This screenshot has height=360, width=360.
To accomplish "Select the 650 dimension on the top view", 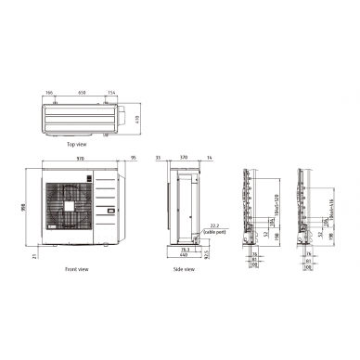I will pyautogui.click(x=82, y=93).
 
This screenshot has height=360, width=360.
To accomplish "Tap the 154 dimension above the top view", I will pyautogui.click(x=111, y=93).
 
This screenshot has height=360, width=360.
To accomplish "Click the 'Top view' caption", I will pyautogui.click(x=77, y=146).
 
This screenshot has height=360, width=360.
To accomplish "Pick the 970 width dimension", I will pyautogui.click(x=78, y=161).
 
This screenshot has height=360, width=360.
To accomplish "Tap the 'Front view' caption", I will pyautogui.click(x=77, y=269).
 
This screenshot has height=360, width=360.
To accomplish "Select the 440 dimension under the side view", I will pyautogui.click(x=184, y=254).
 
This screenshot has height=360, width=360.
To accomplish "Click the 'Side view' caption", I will pyautogui.click(x=183, y=269).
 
